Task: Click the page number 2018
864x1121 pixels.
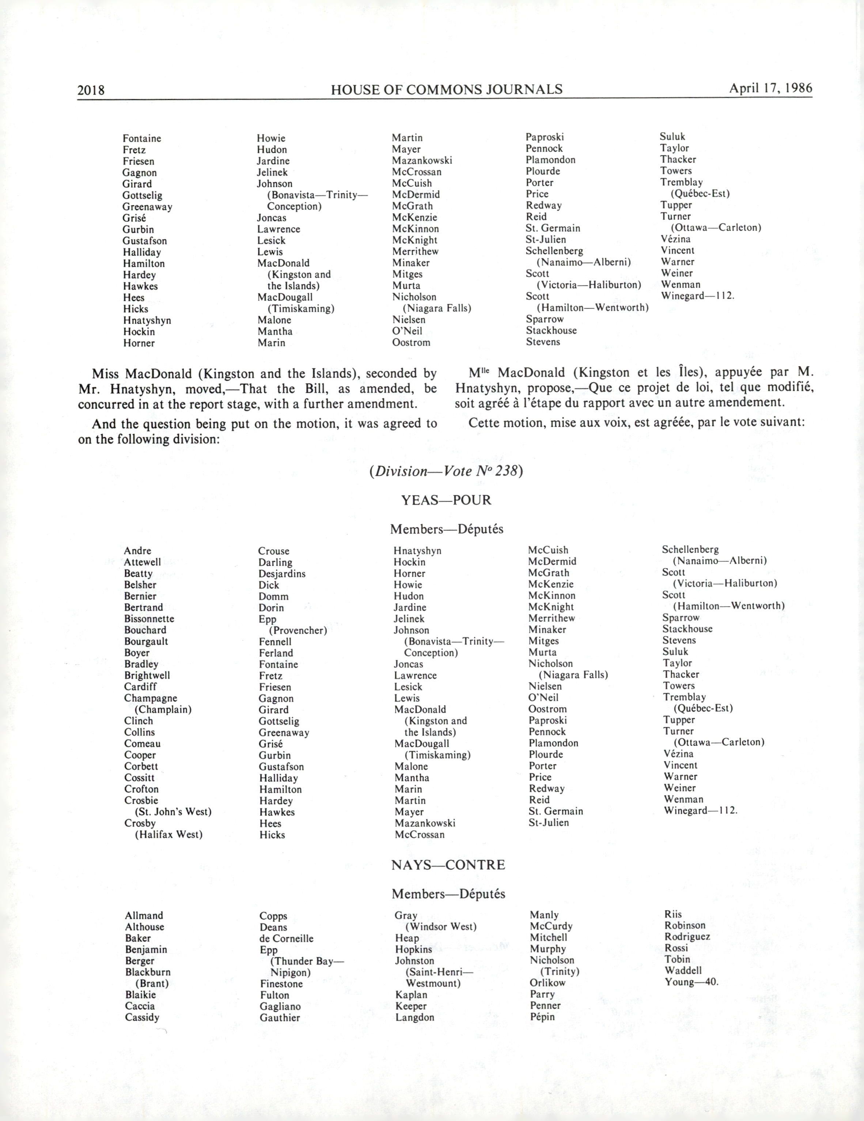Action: tap(91, 90)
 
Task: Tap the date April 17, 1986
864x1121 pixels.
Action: tap(771, 88)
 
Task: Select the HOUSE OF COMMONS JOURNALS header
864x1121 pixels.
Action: tap(446, 90)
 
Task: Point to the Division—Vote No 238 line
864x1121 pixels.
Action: tap(446, 471)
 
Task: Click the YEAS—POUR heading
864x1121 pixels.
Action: tap(446, 500)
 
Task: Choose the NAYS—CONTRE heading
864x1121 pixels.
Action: tap(448, 865)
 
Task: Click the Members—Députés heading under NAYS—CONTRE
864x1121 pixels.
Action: tap(448, 894)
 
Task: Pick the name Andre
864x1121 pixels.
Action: tap(137, 551)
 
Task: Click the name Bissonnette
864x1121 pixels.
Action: tap(149, 619)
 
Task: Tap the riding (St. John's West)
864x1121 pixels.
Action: tap(173, 812)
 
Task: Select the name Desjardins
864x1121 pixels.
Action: tap(282, 574)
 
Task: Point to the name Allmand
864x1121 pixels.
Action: tap(144, 916)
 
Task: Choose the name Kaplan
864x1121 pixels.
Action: tap(411, 995)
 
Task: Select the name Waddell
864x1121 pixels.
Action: tap(683, 971)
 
